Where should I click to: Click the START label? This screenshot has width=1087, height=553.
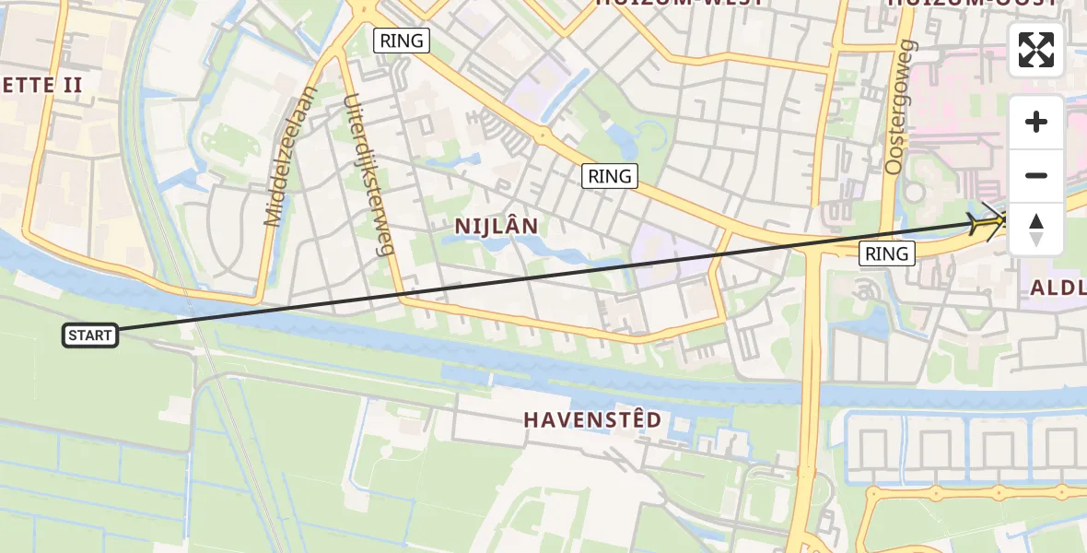[90, 335]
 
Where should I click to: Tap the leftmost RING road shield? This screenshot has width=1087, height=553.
[403, 40]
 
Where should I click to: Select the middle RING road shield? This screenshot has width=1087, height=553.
[610, 175]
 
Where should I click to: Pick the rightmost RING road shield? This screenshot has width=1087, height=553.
[887, 253]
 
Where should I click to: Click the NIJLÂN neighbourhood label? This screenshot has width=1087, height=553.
[497, 226]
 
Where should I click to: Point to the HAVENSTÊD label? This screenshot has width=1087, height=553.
[592, 419]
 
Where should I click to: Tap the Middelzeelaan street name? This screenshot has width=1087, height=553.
[289, 157]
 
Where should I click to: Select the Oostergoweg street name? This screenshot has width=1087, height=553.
[898, 106]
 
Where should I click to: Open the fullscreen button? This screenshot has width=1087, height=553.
[1036, 50]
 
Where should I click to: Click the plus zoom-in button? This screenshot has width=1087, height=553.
[1036, 122]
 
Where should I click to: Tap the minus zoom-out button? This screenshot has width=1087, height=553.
[1036, 175]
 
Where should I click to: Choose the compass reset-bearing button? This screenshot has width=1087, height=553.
[1036, 229]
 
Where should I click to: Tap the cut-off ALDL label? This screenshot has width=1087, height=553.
[1058, 288]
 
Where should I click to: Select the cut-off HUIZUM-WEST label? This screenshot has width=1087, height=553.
[679, 3]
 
